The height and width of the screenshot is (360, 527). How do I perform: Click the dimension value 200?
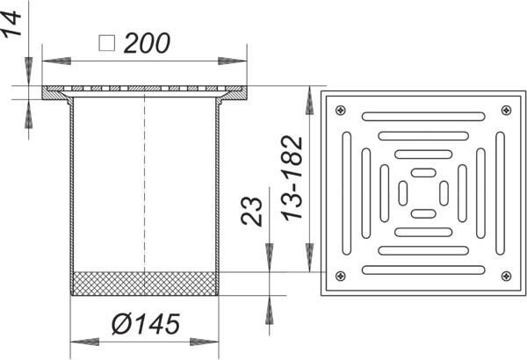[x=147, y=43]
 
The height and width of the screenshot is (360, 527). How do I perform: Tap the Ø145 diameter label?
[x=146, y=324]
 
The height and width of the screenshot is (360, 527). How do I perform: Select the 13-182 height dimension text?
[x=292, y=178]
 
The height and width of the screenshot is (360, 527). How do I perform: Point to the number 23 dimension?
[x=251, y=211]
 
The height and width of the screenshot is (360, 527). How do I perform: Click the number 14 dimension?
[x=11, y=23]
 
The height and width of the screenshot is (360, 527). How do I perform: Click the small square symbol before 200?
[x=107, y=43]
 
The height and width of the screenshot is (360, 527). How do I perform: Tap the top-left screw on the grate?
[x=341, y=110]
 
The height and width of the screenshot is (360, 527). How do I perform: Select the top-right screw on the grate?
[x=506, y=110]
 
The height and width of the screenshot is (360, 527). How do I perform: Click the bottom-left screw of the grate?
[x=341, y=276]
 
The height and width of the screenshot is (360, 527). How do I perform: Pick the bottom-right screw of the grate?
[x=506, y=276]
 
